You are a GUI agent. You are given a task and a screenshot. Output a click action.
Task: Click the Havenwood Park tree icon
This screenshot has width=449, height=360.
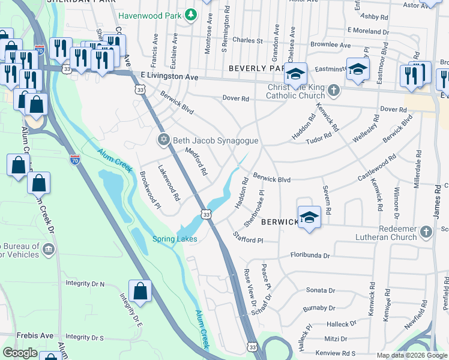pyautogui.click(x=191, y=14)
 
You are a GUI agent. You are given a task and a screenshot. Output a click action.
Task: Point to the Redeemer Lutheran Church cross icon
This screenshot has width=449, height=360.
pyautogui.click(x=426, y=232)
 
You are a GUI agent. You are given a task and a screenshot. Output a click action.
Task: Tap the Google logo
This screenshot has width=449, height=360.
pyautogui.click(x=20, y=353)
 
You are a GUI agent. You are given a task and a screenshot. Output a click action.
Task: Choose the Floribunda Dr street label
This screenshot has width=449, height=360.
pyautogui.click(x=310, y=256)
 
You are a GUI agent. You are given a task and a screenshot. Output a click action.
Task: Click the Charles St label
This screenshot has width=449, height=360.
pyautogui.click(x=247, y=41)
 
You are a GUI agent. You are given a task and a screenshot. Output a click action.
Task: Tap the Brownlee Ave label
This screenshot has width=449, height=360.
pyautogui.click(x=331, y=45)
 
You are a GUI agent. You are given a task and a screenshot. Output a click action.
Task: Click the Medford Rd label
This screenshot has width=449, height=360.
pyautogui.click(x=196, y=161)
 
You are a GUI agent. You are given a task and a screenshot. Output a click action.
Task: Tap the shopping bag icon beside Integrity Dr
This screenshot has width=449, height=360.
pyautogui.click(x=140, y=291)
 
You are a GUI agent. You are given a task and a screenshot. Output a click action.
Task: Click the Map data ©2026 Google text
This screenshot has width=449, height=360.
pyautogui.click(x=411, y=355)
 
